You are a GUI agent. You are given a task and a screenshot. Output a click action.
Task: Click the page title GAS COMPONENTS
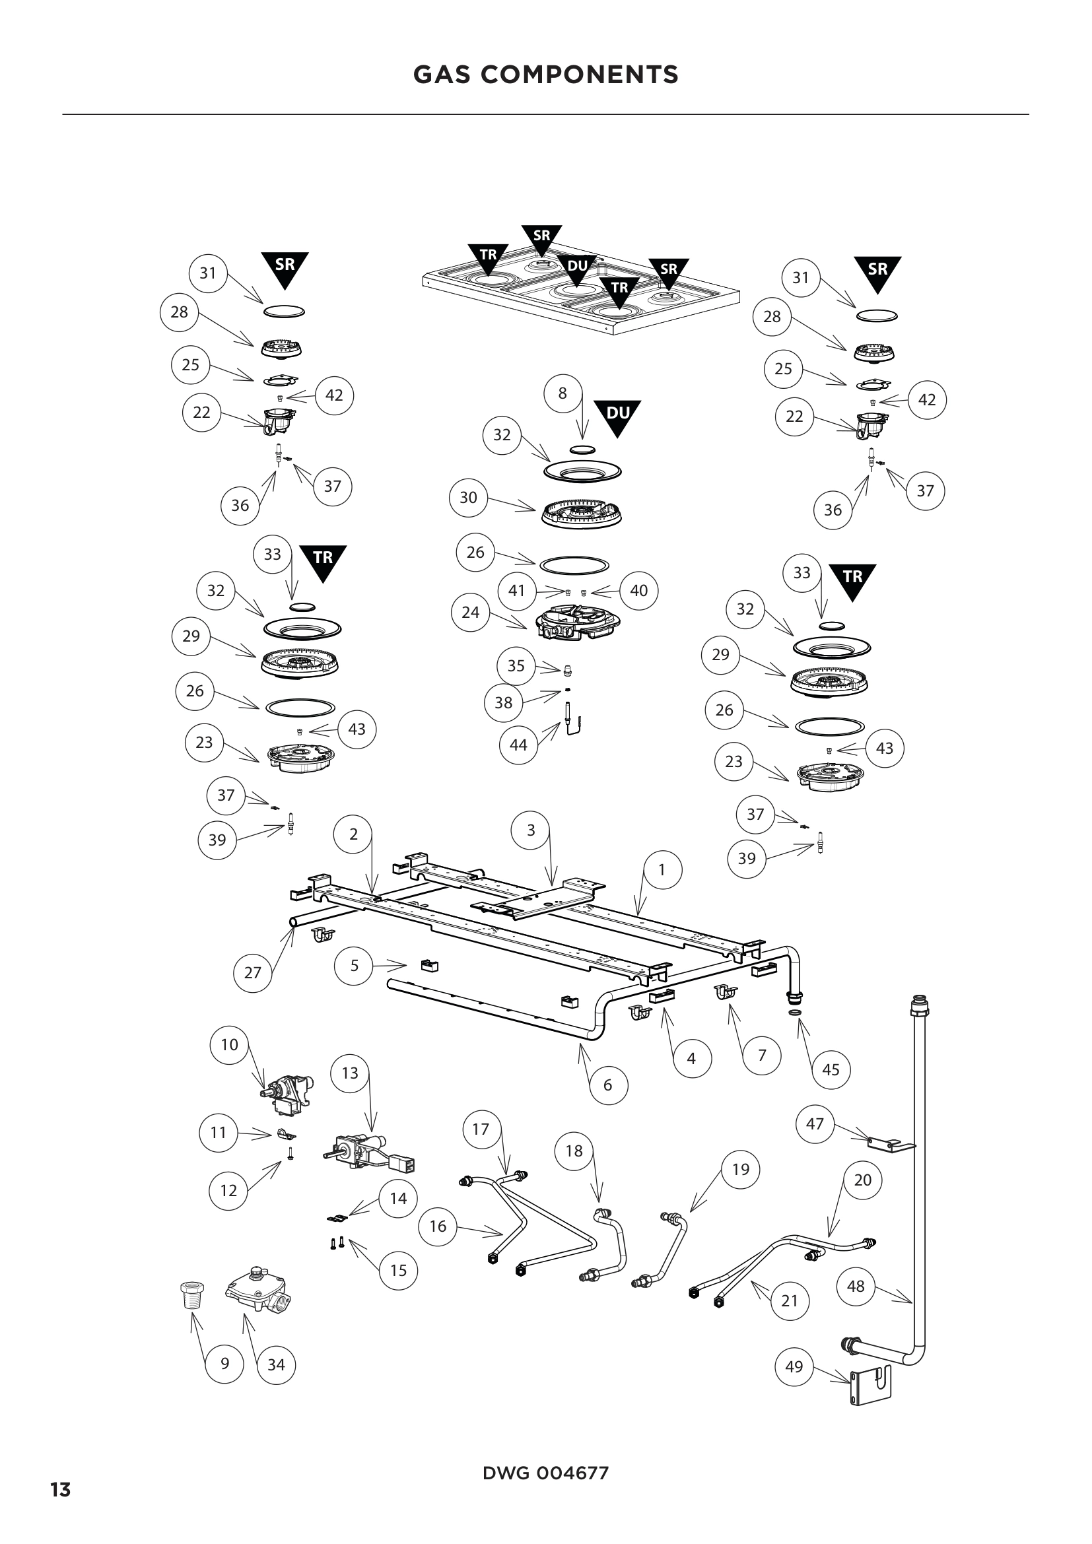pos(545,75)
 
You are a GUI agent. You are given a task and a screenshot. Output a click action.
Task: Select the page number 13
pos(61,1489)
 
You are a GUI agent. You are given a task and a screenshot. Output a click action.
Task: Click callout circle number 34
pos(277,1364)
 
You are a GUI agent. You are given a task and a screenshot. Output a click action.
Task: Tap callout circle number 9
pos(224,1363)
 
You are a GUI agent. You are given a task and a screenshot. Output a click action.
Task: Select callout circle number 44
pos(518,745)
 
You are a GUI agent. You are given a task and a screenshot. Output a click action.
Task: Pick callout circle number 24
pos(471,612)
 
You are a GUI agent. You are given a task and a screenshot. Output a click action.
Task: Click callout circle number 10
pos(229,1044)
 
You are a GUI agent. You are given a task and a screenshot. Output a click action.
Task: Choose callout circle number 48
pos(855,1286)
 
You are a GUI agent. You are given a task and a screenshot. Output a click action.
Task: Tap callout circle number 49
pos(794,1366)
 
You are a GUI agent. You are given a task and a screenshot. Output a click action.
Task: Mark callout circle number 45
pos(831,1069)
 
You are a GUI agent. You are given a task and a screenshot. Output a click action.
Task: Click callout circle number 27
pos(252,972)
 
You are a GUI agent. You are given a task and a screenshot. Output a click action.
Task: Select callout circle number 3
pos(531,830)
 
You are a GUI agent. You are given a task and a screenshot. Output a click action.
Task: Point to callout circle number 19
pos(740,1170)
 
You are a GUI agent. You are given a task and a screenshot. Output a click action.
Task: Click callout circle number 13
pos(351,1073)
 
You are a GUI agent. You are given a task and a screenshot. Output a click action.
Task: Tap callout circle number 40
pos(638,590)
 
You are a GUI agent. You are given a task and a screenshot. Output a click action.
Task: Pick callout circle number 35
pos(516,666)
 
